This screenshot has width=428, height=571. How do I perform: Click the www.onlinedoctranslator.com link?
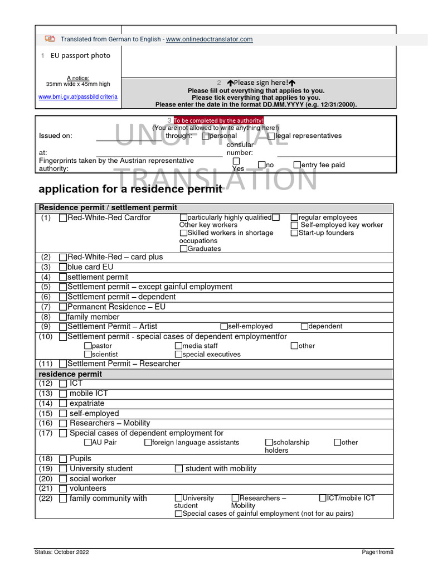click(209, 39)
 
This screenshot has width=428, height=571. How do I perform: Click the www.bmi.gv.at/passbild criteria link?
click(78, 96)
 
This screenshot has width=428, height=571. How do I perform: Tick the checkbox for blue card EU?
click(63, 267)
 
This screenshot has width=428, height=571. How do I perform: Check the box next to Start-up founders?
click(294, 233)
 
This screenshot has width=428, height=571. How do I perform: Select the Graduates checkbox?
click(184, 249)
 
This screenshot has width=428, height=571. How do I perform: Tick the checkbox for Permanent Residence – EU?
click(63, 307)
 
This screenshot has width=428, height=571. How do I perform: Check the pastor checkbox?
click(88, 346)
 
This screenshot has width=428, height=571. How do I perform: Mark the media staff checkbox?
click(178, 346)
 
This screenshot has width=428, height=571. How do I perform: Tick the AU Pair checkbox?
click(88, 443)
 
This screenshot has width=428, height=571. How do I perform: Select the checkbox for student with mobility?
click(179, 469)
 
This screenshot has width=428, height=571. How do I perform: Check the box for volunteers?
click(63, 488)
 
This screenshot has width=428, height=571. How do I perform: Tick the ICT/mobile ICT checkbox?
click(323, 498)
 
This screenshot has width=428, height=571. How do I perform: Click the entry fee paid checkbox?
click(297, 164)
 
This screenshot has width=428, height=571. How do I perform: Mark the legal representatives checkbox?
click(271, 136)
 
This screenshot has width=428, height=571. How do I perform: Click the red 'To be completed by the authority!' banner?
click(218, 120)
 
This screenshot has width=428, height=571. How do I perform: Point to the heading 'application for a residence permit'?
click(129, 189)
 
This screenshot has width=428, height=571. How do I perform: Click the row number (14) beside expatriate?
click(46, 403)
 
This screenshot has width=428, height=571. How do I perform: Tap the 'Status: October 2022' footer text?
click(61, 552)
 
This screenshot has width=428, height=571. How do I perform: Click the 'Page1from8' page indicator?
click(377, 552)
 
